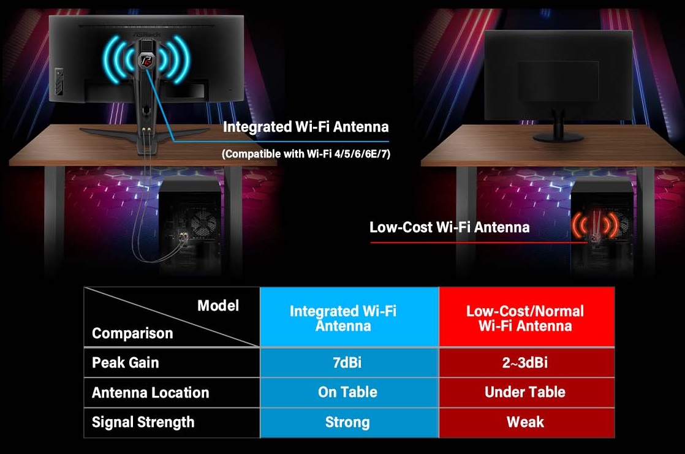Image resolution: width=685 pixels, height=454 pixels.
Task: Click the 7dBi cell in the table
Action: click(347, 363)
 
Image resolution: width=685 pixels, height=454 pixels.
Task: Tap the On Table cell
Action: click(347, 392)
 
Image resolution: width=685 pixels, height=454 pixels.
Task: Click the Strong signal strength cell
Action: click(347, 422)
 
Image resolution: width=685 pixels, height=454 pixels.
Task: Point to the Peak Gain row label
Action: click(126, 363)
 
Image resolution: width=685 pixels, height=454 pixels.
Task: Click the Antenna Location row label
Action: click(150, 392)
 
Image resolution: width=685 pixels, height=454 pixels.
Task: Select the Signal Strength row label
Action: click(143, 422)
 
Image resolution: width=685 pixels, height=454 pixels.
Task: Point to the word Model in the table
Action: click(218, 306)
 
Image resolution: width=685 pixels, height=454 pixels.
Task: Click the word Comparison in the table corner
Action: click(132, 333)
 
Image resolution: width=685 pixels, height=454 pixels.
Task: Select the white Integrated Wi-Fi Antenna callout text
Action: click(306, 127)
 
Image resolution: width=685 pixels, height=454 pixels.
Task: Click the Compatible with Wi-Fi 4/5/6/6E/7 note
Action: click(306, 154)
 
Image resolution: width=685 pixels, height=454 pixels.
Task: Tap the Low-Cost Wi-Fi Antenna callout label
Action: click(450, 227)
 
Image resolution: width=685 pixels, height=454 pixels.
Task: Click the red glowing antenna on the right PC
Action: click(595, 226)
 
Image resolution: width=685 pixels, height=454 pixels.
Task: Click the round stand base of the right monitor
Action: click(558, 138)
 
